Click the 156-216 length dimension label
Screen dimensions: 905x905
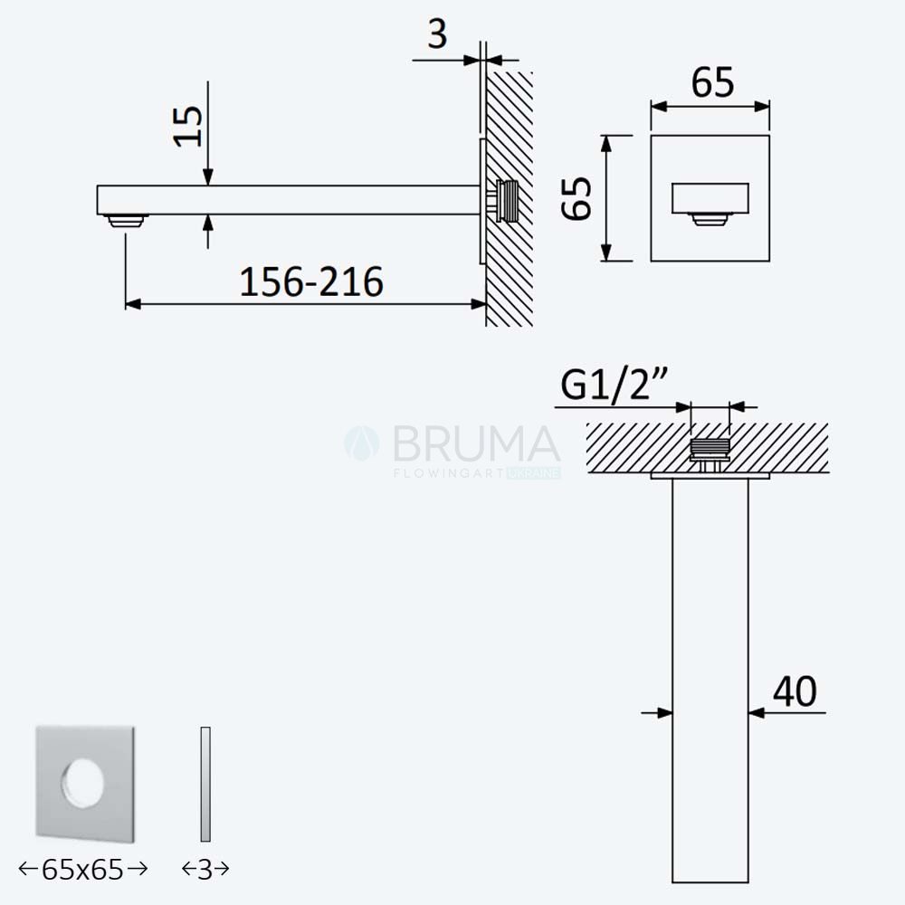(x=311, y=281)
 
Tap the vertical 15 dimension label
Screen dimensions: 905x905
(x=188, y=127)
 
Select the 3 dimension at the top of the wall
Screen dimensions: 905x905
(x=437, y=34)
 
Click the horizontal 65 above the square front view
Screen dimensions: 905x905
(x=713, y=82)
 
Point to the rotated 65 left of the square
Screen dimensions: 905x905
(x=576, y=198)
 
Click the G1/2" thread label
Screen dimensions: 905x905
(x=614, y=384)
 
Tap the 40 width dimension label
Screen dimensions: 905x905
(x=795, y=691)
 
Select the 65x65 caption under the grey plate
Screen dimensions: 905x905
(x=83, y=869)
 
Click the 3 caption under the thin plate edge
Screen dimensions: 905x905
(x=205, y=869)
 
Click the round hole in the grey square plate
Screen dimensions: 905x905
(x=83, y=784)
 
